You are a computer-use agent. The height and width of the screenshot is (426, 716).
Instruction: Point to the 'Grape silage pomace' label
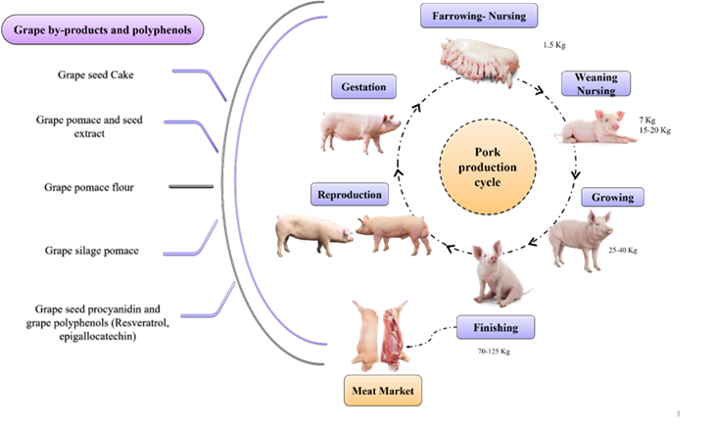coord(92,251)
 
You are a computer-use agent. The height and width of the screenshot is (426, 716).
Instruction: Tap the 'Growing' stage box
coord(612,197)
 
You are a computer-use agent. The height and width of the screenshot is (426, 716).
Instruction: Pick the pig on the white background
coord(312,234)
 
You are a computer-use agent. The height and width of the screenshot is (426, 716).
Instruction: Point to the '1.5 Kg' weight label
coord(554,45)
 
